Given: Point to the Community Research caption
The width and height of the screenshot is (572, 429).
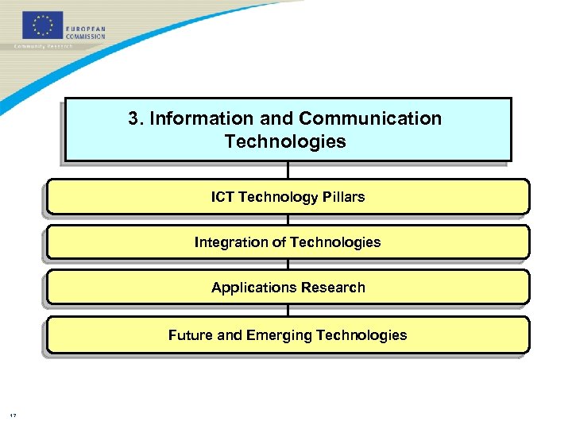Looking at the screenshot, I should [x=43, y=46].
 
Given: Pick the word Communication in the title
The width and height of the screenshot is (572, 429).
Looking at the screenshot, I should [x=370, y=119].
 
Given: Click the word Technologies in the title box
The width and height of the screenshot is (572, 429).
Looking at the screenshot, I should [x=285, y=142].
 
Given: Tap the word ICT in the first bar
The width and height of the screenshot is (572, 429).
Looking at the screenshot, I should [x=222, y=197].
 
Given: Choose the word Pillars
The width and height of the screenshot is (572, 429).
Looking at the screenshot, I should [x=343, y=197].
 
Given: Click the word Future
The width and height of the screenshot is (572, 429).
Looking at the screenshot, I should [x=191, y=335].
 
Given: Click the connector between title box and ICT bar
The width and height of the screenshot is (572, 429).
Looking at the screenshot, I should [x=288, y=170].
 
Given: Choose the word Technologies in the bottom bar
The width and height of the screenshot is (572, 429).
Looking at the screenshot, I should [x=361, y=335].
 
